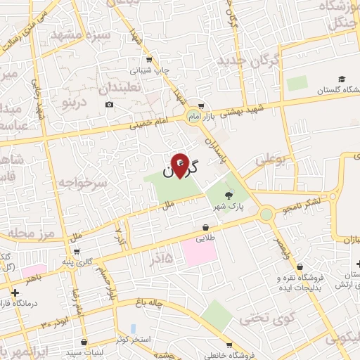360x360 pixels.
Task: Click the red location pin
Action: [x=181, y=165]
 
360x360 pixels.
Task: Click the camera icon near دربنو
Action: [x=109, y=105]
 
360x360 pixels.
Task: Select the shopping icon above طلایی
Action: [x=205, y=227]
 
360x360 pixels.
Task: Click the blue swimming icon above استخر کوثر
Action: [x=133, y=328]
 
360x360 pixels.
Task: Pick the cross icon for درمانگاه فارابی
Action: [x=15, y=292]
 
